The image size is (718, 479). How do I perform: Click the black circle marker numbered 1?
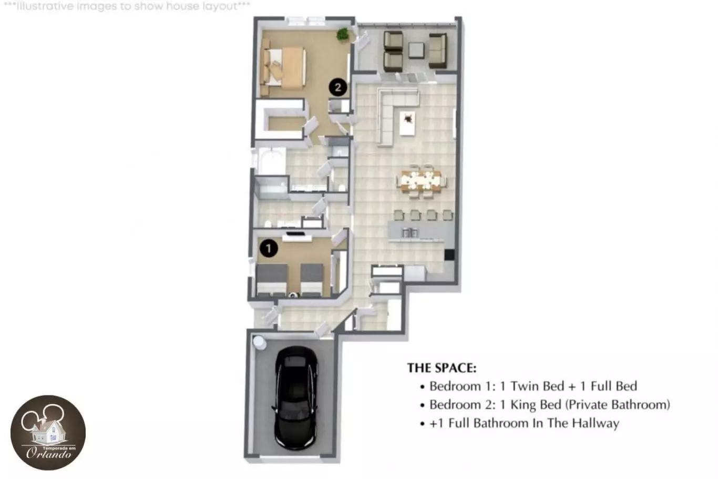(x=269, y=248)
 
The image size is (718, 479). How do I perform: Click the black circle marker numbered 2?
(x=338, y=87)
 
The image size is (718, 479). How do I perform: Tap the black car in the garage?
(x=295, y=398)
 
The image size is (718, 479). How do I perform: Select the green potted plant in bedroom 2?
(x=343, y=34)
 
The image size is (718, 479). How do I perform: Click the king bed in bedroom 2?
(x=283, y=67)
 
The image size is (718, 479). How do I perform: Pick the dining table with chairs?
(x=421, y=182)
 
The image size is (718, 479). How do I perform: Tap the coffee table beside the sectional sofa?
(x=408, y=123)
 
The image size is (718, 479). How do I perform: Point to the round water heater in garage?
(x=259, y=342)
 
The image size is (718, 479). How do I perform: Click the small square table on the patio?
(x=416, y=50)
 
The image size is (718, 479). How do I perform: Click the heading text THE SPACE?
(x=442, y=368)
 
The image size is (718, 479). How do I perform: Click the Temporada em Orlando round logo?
(x=48, y=433)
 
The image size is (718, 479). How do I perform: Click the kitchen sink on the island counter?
(x=410, y=232)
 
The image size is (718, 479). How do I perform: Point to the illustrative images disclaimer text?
(x=127, y=6)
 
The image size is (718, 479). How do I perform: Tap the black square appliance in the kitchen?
(x=449, y=254)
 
